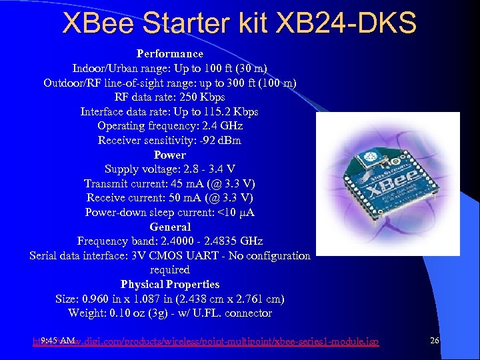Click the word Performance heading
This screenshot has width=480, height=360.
(x=170, y=53)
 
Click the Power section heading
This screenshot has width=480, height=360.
(x=170, y=155)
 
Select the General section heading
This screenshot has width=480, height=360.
(x=170, y=227)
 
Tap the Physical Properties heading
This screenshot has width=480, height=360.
(x=170, y=284)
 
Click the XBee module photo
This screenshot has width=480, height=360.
(x=387, y=185)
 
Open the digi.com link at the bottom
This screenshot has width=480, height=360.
(x=227, y=342)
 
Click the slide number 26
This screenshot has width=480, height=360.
(x=435, y=341)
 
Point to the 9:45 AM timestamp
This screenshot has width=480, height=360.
(x=57, y=341)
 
